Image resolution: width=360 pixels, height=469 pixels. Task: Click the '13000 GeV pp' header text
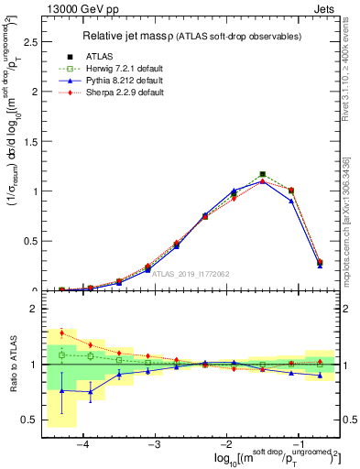[x=81, y=8]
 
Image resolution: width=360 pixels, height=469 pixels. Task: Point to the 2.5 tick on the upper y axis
[x=34, y=42]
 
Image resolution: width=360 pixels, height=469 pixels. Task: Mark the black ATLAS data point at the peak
[x=263, y=174]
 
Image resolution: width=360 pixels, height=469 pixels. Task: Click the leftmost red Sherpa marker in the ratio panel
[x=62, y=332]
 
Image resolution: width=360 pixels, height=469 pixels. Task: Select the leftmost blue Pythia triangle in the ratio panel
[x=62, y=390]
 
